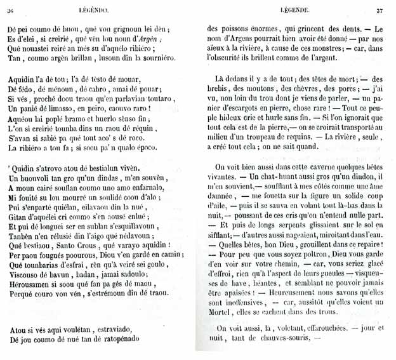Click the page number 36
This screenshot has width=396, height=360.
[11, 10]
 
